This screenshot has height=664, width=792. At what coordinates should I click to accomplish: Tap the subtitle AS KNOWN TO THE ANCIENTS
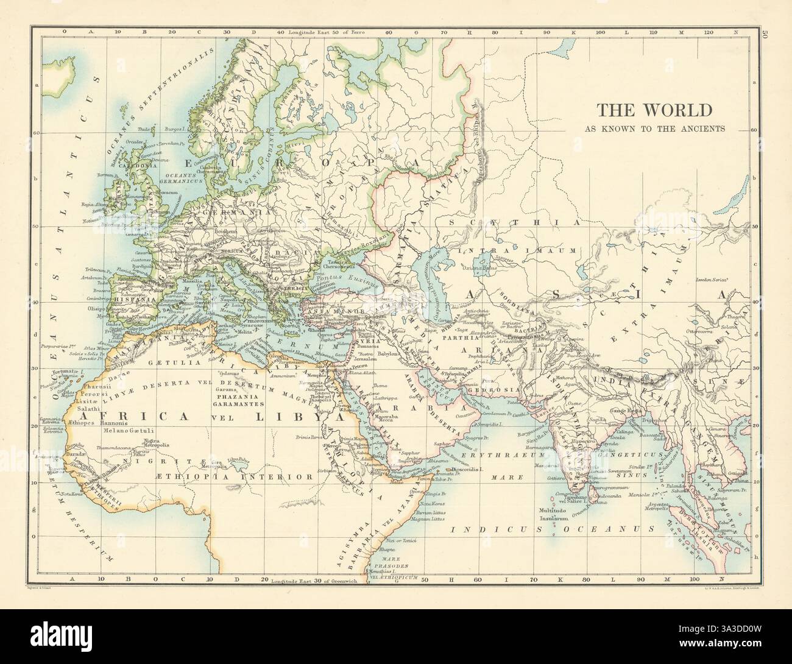[x=654, y=129]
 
